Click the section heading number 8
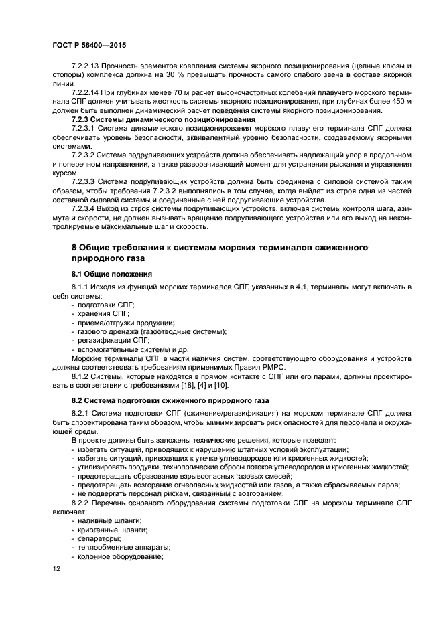click(74, 248)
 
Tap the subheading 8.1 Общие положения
click(112, 274)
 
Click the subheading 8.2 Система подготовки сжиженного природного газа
click(167, 400)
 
